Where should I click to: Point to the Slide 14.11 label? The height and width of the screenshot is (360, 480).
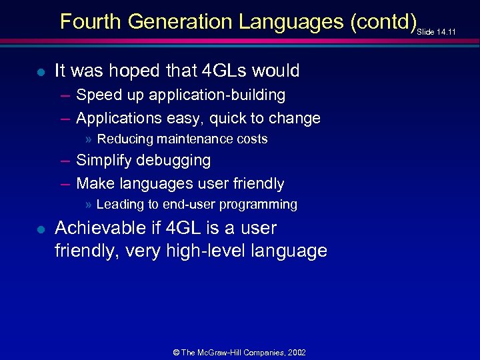coord(437,31)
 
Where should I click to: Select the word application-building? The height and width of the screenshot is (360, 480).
coord(217,95)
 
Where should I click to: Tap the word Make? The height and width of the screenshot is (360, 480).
coord(93,183)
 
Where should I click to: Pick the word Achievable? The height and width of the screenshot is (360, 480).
coord(104,228)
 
